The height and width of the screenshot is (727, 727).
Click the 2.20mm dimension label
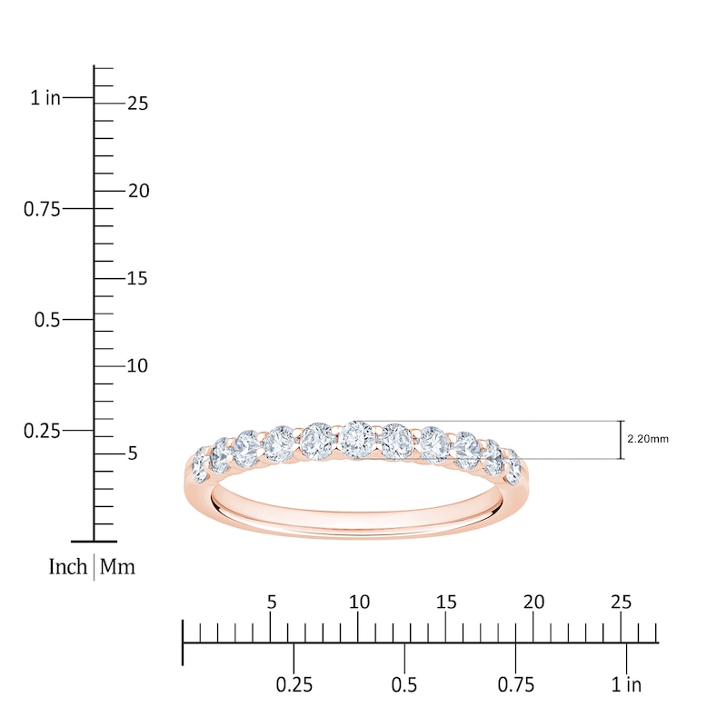tap(648, 439)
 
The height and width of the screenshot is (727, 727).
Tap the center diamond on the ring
tap(355, 440)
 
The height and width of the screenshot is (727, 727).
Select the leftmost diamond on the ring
tap(200, 465)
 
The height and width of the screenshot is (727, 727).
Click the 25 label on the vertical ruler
tap(137, 104)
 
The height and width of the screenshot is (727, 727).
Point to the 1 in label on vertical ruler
tap(45, 98)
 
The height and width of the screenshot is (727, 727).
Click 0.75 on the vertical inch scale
tap(42, 209)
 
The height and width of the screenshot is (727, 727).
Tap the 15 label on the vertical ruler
tap(137, 278)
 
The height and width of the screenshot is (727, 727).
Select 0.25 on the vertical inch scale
tap(42, 430)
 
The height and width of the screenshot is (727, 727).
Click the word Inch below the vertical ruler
tap(68, 567)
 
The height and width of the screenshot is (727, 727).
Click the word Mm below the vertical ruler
tap(117, 567)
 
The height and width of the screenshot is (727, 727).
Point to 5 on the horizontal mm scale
tap(271, 602)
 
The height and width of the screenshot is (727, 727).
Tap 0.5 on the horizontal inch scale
tap(404, 684)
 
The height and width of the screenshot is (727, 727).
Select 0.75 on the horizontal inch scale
tap(515, 684)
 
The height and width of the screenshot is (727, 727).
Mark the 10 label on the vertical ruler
tap(137, 365)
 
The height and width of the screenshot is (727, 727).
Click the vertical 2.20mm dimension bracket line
tap(622, 440)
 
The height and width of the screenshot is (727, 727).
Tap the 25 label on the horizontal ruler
tap(621, 602)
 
